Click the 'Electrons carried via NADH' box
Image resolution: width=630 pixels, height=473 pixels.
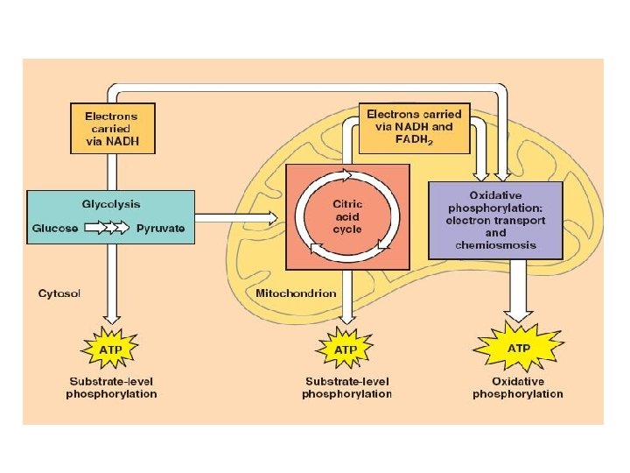coord(112,128)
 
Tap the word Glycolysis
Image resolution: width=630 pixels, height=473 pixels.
coord(111,203)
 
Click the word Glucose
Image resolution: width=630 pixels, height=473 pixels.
coord(55,228)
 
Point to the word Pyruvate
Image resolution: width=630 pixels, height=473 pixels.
coord(160,228)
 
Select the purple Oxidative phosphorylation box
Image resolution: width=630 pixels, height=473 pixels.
coord(494,219)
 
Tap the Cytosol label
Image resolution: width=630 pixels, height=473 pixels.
coord(59,293)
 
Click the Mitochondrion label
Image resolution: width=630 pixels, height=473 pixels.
coord(296,293)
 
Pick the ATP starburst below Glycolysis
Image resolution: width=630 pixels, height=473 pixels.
coord(110,349)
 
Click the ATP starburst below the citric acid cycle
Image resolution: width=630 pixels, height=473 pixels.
coord(346,349)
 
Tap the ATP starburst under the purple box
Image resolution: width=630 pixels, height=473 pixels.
coord(518,347)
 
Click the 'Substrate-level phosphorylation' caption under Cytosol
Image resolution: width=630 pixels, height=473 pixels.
coord(111,388)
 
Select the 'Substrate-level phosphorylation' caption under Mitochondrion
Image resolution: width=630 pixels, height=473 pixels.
coord(346,388)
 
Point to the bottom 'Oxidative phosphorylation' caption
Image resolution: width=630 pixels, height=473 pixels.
coord(518,388)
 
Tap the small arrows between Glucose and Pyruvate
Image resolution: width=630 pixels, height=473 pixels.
coord(106,228)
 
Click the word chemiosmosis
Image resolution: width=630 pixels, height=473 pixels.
coord(493,245)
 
